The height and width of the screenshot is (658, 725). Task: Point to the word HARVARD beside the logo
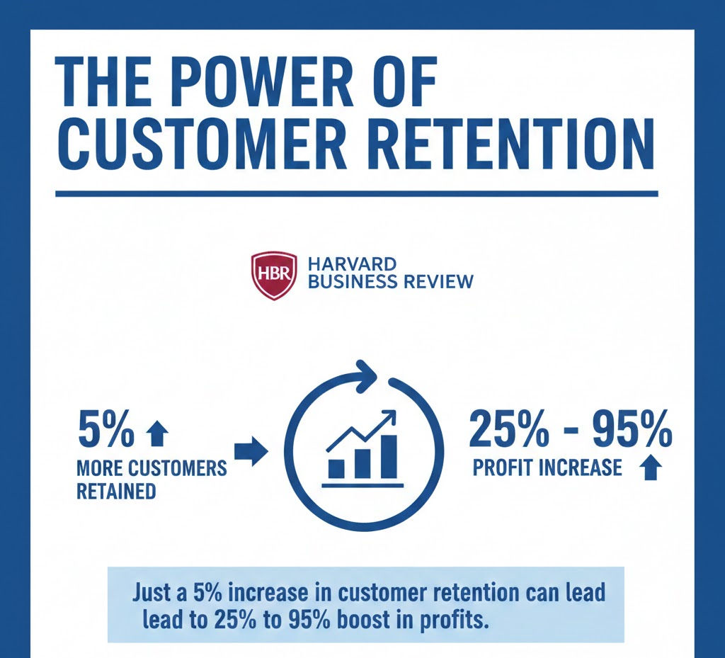352,264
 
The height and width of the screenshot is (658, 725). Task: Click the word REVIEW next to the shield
438,281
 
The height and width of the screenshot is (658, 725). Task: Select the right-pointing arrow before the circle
251,451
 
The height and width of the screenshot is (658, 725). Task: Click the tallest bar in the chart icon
389,457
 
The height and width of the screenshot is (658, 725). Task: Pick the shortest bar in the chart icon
336,469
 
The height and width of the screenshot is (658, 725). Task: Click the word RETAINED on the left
116,491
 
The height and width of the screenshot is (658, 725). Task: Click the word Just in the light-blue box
151,592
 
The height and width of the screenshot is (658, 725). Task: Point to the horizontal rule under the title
357,194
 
